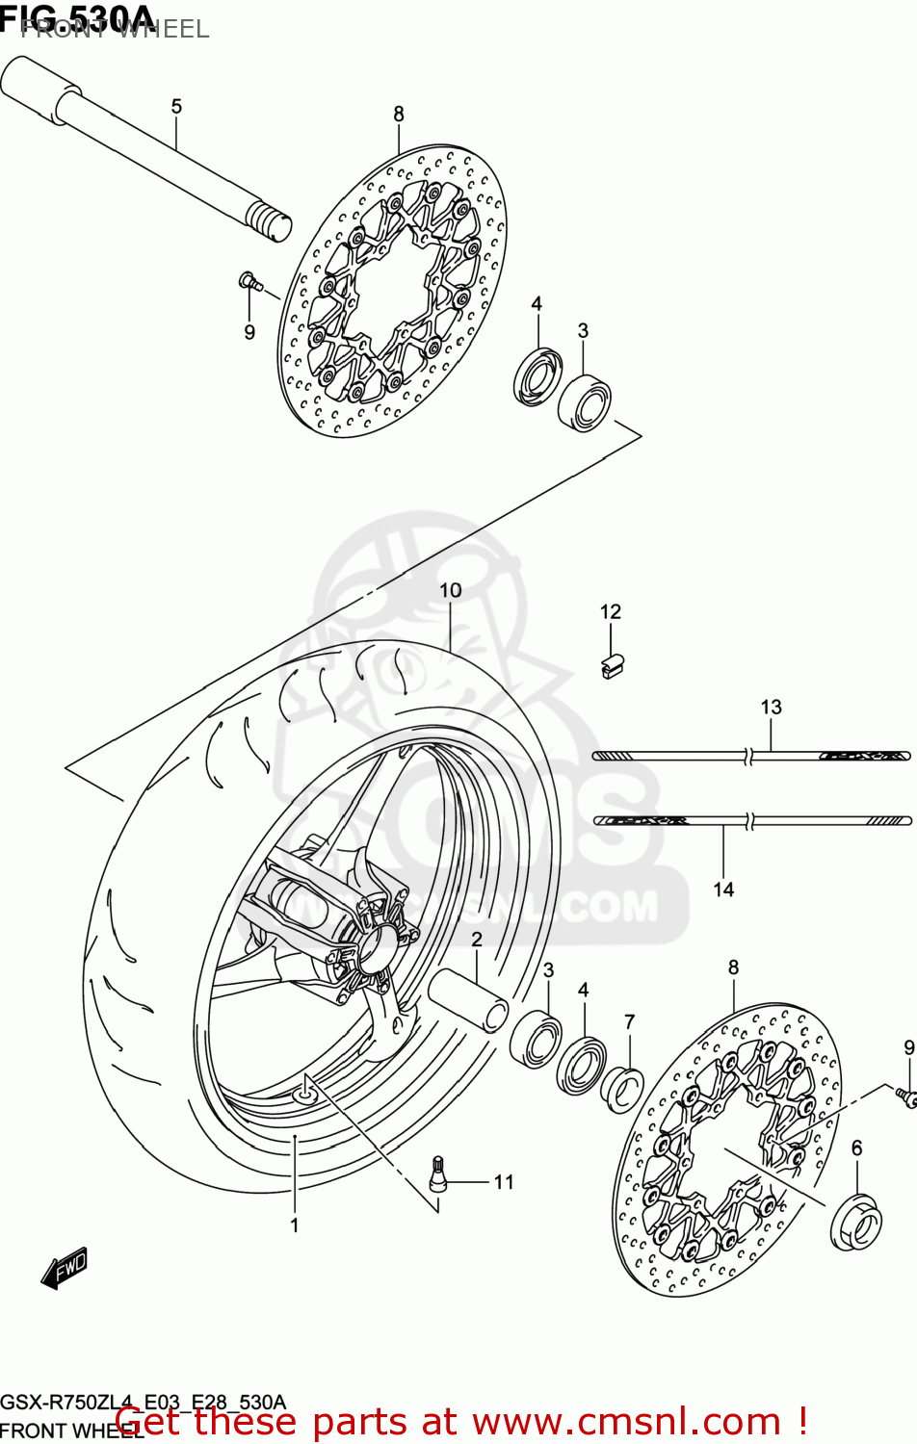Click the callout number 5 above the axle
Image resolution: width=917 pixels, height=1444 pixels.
click(176, 106)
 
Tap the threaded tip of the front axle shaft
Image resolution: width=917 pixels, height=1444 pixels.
click(270, 220)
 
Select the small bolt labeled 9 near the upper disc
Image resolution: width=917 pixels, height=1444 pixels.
click(248, 281)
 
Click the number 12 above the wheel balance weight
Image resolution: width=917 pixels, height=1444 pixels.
click(611, 611)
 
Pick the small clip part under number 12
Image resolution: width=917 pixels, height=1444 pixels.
click(612, 665)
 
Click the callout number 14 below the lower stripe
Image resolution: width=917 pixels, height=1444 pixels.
click(723, 890)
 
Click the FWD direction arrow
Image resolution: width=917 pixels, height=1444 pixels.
click(65, 1269)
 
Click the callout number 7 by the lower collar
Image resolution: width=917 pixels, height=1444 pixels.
click(629, 1021)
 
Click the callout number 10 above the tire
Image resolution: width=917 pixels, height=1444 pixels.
click(451, 590)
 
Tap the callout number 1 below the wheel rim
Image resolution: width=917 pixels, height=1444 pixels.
click(295, 1225)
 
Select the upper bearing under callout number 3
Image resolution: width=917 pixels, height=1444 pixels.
click(585, 402)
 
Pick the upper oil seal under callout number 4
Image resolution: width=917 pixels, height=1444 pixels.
click(537, 376)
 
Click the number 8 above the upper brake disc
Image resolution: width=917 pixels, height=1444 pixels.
click(399, 114)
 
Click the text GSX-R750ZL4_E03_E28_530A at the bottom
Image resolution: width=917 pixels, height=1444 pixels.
click(143, 1402)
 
